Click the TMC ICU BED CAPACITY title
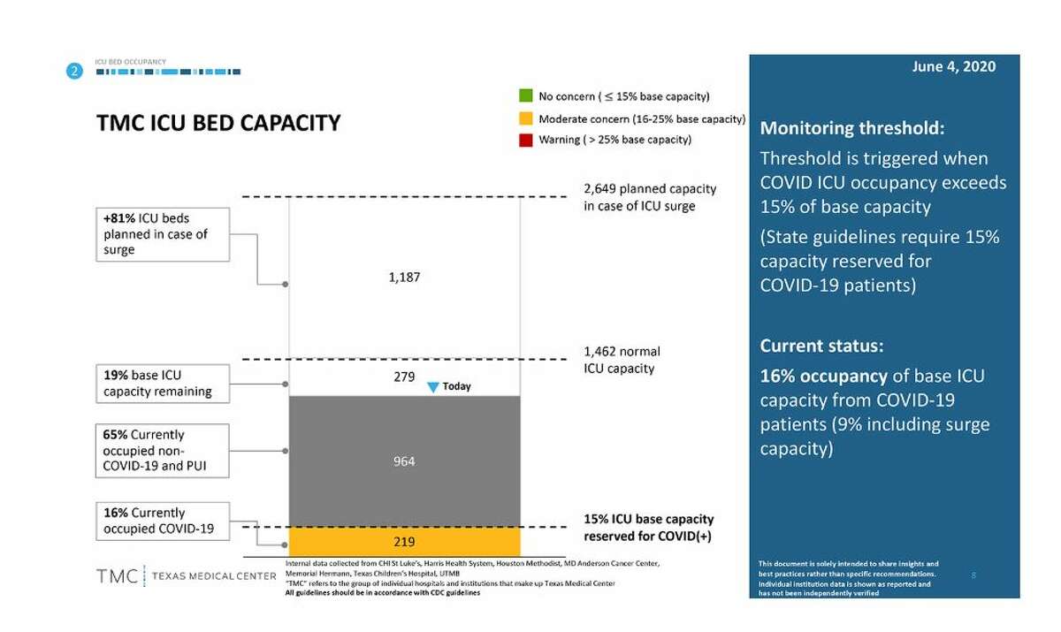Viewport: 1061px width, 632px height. coord(218,123)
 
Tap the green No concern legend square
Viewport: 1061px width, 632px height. coord(524,95)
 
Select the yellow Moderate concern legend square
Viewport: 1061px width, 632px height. coord(524,118)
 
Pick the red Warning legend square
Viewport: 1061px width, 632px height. coord(524,140)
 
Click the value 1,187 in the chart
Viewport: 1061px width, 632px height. coord(404,277)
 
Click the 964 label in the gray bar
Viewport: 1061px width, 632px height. coord(404,461)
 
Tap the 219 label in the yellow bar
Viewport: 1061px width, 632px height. coord(404,541)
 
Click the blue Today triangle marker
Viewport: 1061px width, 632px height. coord(433,387)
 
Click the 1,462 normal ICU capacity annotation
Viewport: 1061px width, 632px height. coord(622,360)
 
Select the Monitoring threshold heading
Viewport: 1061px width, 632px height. coord(852,128)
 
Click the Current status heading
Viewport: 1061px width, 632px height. coord(821,346)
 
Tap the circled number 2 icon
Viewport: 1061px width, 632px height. coord(76,71)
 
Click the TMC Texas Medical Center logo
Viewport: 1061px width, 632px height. coord(186,576)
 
